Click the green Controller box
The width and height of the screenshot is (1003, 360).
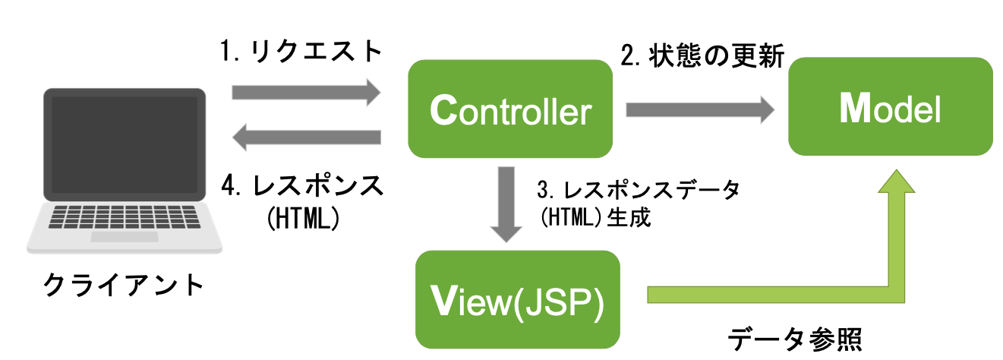510,111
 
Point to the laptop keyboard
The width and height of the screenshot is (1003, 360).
125,218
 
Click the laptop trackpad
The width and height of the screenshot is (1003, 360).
125,237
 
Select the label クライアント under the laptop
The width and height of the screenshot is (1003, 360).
124,286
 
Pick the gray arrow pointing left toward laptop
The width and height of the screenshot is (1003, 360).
305,137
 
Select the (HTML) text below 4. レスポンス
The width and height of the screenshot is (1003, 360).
302,218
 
